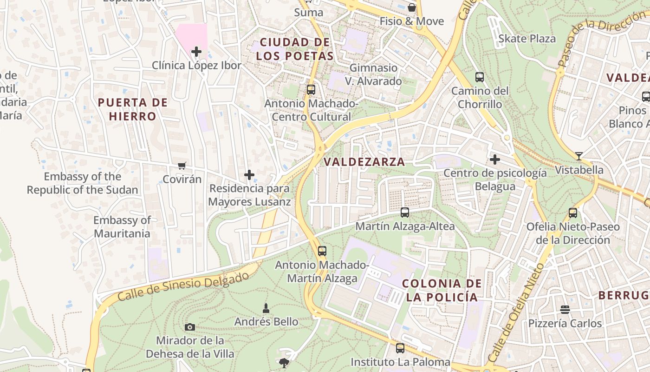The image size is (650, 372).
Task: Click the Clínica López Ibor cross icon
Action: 196,51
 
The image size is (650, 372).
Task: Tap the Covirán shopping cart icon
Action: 182,166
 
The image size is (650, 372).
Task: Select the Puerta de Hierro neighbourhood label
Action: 133,109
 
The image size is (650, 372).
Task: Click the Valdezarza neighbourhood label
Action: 364,162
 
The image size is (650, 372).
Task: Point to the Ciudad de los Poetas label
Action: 295,49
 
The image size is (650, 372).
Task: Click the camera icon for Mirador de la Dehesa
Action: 189,327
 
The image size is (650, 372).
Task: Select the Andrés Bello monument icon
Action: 266,308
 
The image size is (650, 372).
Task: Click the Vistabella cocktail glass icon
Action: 578,156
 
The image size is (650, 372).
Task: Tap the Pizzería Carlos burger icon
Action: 565,310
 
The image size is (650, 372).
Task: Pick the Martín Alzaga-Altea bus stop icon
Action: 405,213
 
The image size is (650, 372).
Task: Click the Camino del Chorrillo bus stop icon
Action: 480,77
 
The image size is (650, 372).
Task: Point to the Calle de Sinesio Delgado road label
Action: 183,286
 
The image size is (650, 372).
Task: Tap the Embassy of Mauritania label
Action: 122,226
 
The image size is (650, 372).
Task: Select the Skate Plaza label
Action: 526,39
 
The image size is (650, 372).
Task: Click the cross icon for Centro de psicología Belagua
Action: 495,160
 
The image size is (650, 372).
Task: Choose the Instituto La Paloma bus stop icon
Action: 400,348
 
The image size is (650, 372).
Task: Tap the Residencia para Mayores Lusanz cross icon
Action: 249,175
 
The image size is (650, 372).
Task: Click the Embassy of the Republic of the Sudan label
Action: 83,183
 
